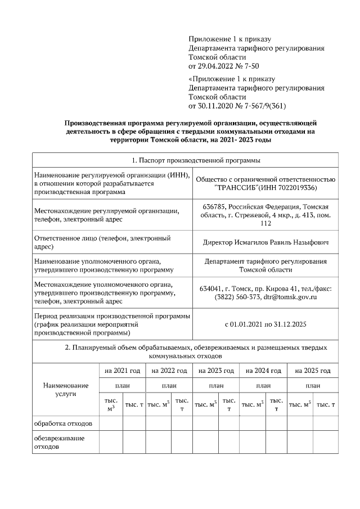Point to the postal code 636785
pyautogui.click(x=214, y=206)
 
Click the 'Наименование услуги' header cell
pyautogui.click(x=66, y=389)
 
